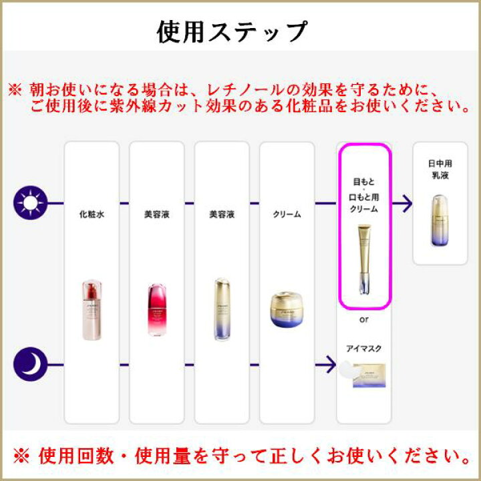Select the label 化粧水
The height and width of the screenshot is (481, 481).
click(x=91, y=215)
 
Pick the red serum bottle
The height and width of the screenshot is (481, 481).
click(x=156, y=311)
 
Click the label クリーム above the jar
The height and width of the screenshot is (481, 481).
click(x=287, y=215)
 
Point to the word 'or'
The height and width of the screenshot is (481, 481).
click(x=364, y=319)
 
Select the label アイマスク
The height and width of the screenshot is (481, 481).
click(x=364, y=348)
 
